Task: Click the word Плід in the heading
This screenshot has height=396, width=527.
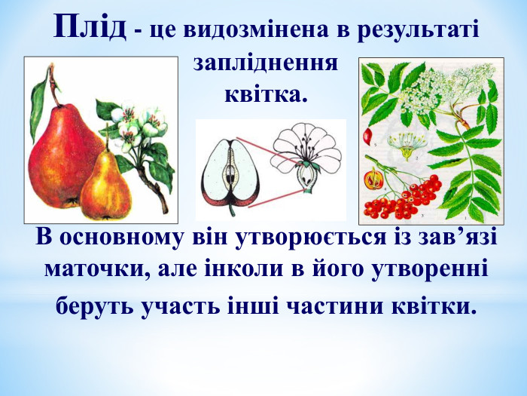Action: pos(90,27)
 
